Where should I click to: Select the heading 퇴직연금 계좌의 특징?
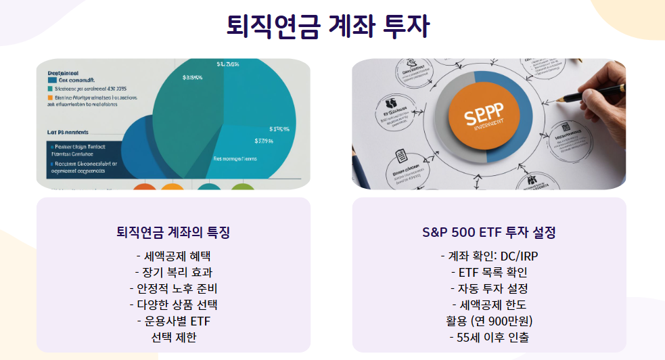click(x=173, y=233)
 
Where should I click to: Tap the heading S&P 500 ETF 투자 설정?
click(x=488, y=233)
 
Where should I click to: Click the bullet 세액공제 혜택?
click(x=173, y=256)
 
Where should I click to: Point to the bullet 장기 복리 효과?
click(x=173, y=273)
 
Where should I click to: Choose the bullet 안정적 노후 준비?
click(x=173, y=289)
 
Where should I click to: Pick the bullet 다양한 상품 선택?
click(x=173, y=305)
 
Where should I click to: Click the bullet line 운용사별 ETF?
click(x=173, y=321)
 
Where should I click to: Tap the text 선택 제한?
click(x=173, y=337)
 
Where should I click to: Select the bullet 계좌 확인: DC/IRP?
click(x=488, y=256)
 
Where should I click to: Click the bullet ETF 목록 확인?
click(x=488, y=273)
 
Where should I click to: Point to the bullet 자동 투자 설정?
click(x=488, y=289)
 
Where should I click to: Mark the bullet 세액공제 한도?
click(x=488, y=305)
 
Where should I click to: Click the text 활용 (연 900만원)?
click(x=488, y=321)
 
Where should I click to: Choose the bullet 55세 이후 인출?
click(x=488, y=337)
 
